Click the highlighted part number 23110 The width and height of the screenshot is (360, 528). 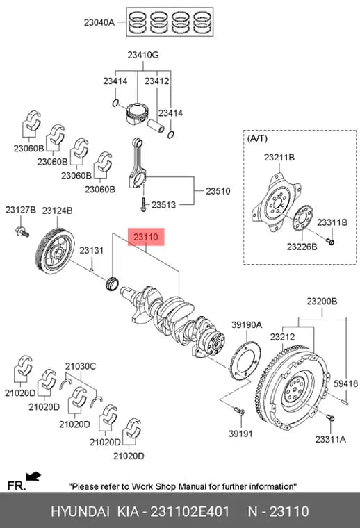click(146, 237)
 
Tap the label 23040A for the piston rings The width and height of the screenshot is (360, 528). click(99, 22)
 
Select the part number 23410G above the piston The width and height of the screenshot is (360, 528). click(142, 55)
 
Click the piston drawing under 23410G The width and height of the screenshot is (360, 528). click(137, 113)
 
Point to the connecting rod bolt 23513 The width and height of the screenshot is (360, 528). click(143, 204)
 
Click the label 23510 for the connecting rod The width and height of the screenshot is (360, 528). click(218, 191)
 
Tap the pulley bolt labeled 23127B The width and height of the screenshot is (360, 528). click(22, 231)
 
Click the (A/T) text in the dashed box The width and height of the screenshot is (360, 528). click(257, 138)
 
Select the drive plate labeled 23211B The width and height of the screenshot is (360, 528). click(276, 203)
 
